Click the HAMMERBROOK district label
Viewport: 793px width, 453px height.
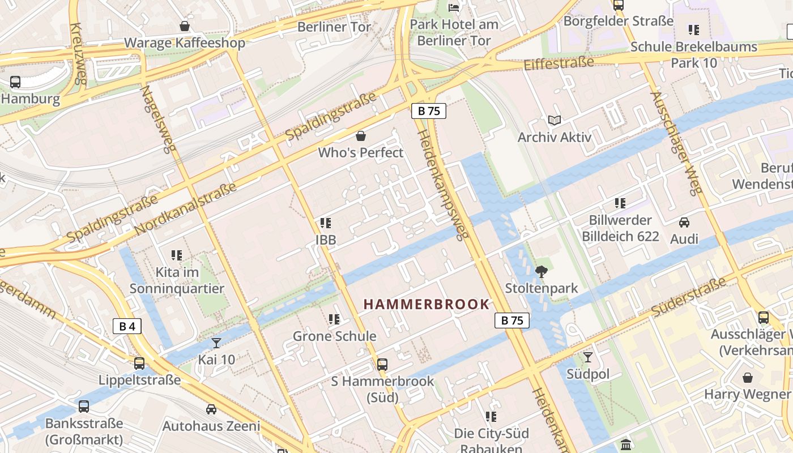[x=426, y=304]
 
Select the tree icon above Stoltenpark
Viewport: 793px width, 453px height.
[x=542, y=272]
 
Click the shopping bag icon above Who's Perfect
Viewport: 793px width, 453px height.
[x=360, y=136]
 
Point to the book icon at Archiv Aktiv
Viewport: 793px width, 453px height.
[x=554, y=121]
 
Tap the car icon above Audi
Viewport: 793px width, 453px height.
[x=684, y=223]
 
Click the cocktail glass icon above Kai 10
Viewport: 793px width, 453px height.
[x=216, y=343]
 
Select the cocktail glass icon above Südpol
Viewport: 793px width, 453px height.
[x=588, y=357]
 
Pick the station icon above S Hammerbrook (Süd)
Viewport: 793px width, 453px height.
[x=382, y=364]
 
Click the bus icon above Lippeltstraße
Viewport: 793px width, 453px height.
[x=139, y=363]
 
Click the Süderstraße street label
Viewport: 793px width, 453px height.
[x=688, y=297]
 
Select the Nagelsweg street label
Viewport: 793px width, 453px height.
[x=160, y=119]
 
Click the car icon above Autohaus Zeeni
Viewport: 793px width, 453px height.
[x=211, y=409]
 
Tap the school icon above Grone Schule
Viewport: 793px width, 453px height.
[x=334, y=319]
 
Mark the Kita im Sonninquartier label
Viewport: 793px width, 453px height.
[x=177, y=280]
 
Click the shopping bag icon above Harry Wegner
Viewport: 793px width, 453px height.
[x=747, y=377]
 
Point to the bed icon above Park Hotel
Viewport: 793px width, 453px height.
[x=454, y=7]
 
